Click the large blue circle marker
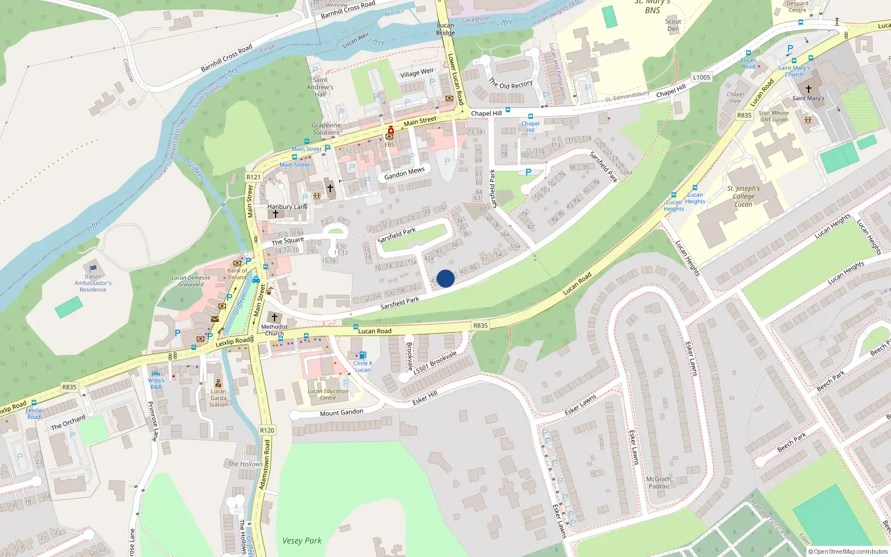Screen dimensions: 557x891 pos(445,278)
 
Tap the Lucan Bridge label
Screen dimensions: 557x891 pos(445,29)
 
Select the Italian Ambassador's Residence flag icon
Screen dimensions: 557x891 pos(93,268)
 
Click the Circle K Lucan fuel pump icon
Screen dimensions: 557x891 pos(363,355)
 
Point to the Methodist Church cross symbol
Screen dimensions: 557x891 pos(274,317)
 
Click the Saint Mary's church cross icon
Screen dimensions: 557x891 pos(808,89)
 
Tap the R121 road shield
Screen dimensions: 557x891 pos(253,177)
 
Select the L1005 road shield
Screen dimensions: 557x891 pos(702,77)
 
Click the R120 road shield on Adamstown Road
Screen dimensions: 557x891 pos(267,430)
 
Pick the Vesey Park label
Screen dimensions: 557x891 pos(302,540)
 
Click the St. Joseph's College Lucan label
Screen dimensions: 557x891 pos(743,196)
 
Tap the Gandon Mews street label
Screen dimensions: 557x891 pos(404,173)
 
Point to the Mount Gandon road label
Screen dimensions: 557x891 pos(341,413)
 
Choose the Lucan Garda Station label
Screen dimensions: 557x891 pos(218,398)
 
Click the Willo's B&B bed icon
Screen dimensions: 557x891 pos(155,373)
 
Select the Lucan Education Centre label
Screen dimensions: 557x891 pos(328,394)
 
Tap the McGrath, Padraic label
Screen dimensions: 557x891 pos(659,482)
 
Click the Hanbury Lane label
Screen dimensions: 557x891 pos(287,207)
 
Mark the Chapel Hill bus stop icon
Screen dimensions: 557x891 pos(530,116)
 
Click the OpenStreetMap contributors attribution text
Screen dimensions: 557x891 pos(850,551)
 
